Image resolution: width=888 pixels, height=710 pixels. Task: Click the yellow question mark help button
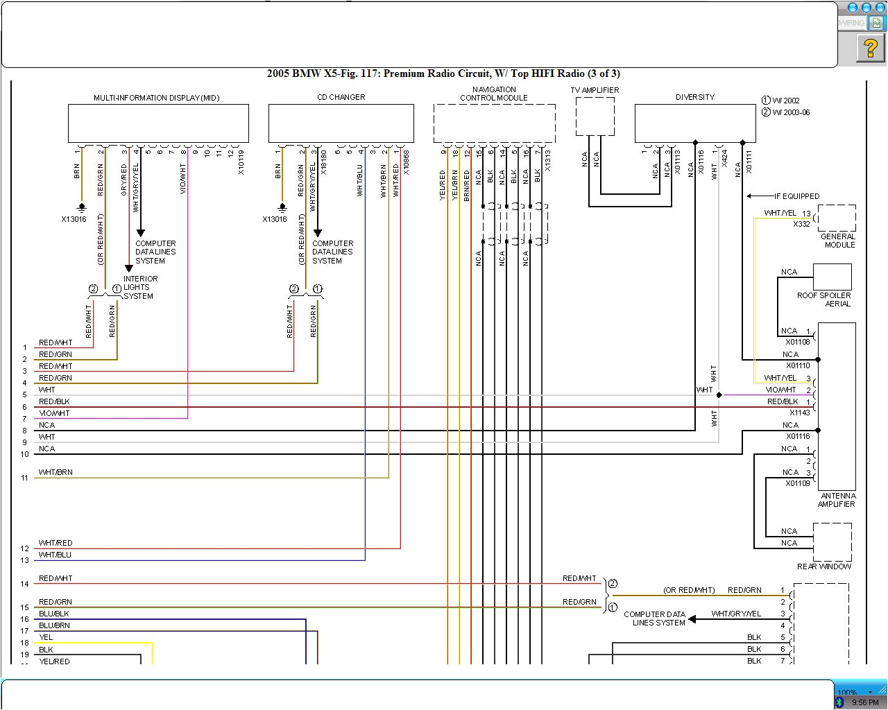pos(870,49)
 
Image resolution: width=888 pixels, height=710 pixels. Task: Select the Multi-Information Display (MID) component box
pos(158,123)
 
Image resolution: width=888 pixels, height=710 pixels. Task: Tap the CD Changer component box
pos(341,123)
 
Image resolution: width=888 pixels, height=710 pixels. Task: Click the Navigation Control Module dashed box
pos(494,123)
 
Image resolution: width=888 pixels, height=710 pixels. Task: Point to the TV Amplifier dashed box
pos(595,116)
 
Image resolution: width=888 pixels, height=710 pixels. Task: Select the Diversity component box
pos(694,123)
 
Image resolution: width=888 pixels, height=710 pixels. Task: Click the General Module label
pos(838,241)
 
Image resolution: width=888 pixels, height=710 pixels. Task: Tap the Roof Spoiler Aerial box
pos(832,277)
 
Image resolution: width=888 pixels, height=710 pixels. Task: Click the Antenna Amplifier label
pos(837,500)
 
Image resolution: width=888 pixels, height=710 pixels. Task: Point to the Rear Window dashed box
pos(832,542)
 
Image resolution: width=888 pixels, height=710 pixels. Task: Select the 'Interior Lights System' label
pos(140,287)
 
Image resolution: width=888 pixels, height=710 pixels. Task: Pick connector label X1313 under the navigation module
pos(547,161)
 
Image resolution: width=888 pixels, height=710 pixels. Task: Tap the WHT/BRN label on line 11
pos(55,472)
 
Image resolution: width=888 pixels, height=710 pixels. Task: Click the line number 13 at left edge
pos(25,560)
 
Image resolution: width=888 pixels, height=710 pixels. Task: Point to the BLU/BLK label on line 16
pos(54,614)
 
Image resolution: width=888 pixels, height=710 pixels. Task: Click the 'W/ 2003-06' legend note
pos(791,112)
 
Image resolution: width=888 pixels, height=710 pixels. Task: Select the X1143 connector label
pos(799,413)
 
